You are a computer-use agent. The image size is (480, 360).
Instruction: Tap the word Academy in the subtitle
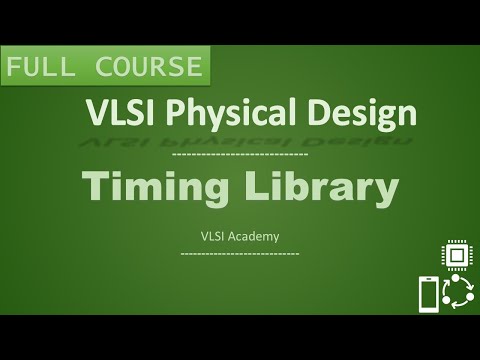point(254,237)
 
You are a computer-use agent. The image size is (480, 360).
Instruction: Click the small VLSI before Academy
point(214,237)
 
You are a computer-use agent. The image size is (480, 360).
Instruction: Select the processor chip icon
point(458,255)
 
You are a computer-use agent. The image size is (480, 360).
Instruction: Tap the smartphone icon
point(428,295)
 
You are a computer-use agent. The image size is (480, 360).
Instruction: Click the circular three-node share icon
point(458,293)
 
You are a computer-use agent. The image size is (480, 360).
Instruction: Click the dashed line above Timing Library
point(239,155)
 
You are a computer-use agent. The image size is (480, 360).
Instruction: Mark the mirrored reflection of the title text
point(240,140)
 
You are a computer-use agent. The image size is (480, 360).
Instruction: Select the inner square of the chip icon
point(458,255)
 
